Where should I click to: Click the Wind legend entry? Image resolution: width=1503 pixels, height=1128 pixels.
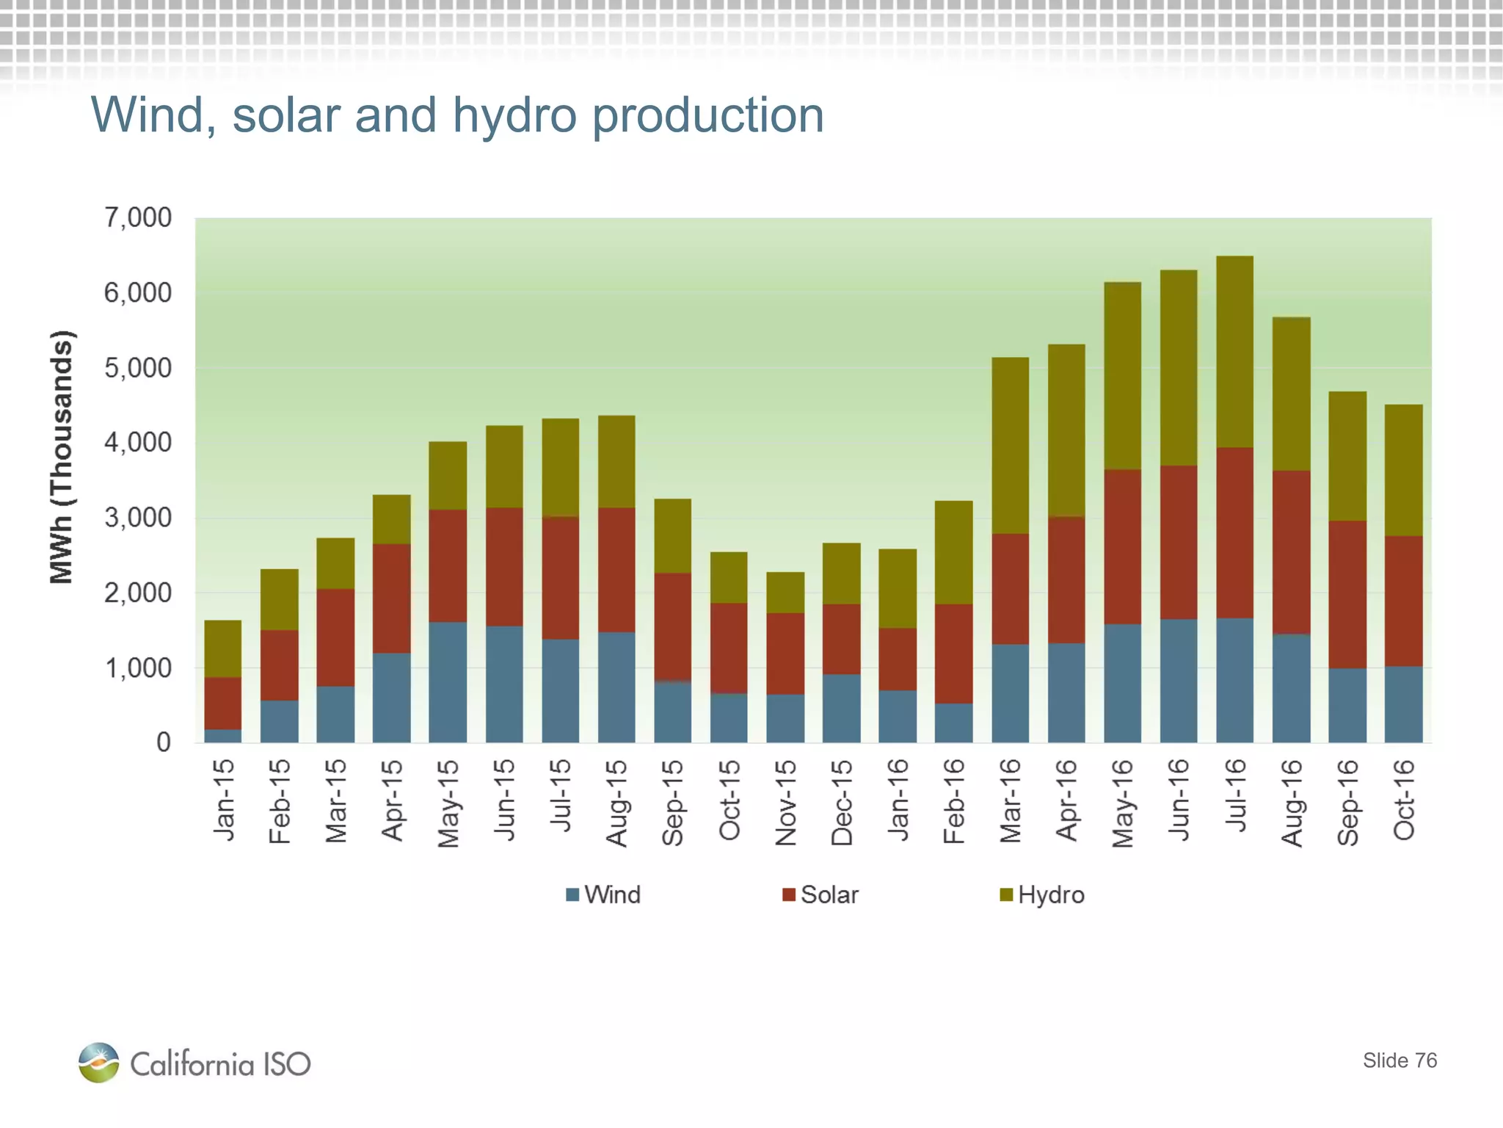click(x=603, y=894)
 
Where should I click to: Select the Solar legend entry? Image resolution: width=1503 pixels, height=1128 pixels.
click(x=820, y=894)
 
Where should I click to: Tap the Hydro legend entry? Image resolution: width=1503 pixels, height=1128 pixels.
click(x=1042, y=894)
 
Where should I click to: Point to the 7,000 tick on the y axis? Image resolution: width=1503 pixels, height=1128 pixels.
click(x=137, y=218)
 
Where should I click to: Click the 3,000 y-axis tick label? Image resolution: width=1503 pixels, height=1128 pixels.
click(x=137, y=518)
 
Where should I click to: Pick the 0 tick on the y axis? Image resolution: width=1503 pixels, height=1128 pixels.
click(x=163, y=742)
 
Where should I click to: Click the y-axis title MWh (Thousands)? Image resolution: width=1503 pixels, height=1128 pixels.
click(x=62, y=457)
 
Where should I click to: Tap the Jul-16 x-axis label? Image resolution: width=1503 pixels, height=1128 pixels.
click(x=1235, y=796)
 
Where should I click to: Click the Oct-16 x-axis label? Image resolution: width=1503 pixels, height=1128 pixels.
click(x=1403, y=800)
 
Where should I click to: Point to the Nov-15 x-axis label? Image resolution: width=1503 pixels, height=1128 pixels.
click(x=785, y=802)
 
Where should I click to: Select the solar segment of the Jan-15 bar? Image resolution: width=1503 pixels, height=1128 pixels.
click(x=222, y=703)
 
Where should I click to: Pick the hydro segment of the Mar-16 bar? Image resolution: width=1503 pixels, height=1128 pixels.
click(x=1010, y=445)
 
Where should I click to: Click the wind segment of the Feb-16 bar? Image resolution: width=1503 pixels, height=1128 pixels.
click(x=953, y=723)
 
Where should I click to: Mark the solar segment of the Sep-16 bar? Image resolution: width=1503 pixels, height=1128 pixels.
click(x=1347, y=594)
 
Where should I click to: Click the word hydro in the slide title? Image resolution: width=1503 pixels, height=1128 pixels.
click(x=514, y=115)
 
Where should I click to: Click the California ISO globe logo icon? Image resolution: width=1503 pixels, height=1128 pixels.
click(x=98, y=1063)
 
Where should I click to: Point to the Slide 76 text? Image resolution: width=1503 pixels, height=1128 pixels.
click(x=1400, y=1060)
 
